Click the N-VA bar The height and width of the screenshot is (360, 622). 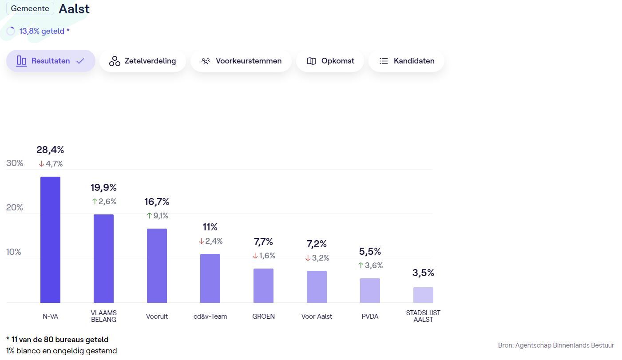pyautogui.click(x=50, y=240)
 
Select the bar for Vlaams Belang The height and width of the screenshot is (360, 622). pyautogui.click(x=103, y=258)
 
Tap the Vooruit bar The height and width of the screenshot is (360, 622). pyautogui.click(x=157, y=265)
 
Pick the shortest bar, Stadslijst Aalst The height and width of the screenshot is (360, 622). pyautogui.click(x=423, y=295)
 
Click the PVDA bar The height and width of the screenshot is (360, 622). pyautogui.click(x=370, y=291)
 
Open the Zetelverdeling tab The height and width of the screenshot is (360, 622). pyautogui.click(x=143, y=61)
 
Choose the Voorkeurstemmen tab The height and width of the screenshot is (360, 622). pyautogui.click(x=241, y=61)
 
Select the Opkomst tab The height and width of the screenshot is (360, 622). pyautogui.click(x=330, y=61)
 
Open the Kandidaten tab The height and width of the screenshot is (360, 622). pyautogui.click(x=406, y=61)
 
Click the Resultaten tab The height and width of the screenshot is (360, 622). pyautogui.click(x=51, y=61)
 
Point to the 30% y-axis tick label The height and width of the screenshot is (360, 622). pyautogui.click(x=15, y=163)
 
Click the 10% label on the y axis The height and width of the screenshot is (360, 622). pyautogui.click(x=14, y=252)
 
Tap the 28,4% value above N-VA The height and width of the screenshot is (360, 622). pyautogui.click(x=50, y=150)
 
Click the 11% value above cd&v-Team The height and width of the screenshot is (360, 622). pyautogui.click(x=210, y=227)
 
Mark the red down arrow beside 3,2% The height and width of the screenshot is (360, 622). pyautogui.click(x=308, y=258)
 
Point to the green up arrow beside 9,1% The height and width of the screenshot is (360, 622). pyautogui.click(x=149, y=216)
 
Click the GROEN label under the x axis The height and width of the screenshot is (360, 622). pyautogui.click(x=263, y=316)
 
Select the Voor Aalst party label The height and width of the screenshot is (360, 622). pyautogui.click(x=317, y=316)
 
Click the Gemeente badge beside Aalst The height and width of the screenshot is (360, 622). pyautogui.click(x=30, y=8)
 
